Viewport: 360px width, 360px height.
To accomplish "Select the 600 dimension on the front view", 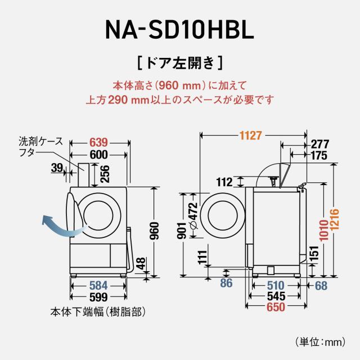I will (99, 154).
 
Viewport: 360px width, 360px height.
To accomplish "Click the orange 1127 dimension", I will (251, 136).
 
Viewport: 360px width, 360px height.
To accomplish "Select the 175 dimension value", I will (318, 155).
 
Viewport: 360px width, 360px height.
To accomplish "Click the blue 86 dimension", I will (226, 283).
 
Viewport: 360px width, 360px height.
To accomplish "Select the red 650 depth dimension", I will (276, 307).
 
